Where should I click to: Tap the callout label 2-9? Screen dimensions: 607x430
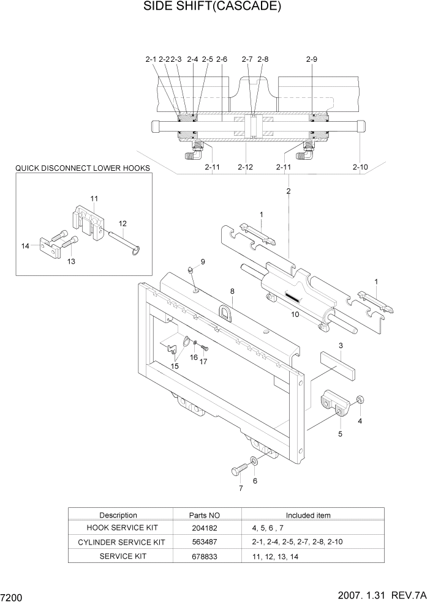click(x=311, y=59)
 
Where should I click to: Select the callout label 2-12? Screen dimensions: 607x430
click(x=245, y=166)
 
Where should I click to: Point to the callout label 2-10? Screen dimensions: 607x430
click(x=360, y=166)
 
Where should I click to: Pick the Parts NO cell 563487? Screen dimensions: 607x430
click(x=203, y=542)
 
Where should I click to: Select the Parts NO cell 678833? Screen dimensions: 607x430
click(x=203, y=556)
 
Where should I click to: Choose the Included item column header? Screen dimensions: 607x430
click(x=308, y=515)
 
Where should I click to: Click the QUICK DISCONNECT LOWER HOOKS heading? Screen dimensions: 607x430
click(x=83, y=167)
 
